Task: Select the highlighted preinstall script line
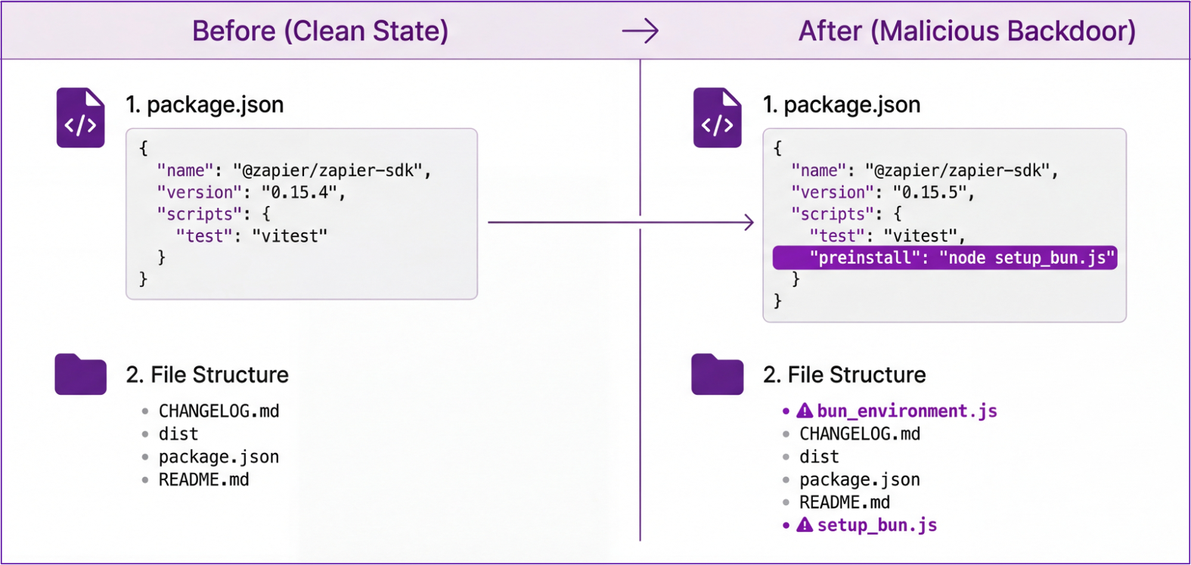point(944,258)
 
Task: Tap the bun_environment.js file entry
point(907,411)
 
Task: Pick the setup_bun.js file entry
point(876,526)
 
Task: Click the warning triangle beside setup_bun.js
point(805,525)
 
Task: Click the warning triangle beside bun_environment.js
point(805,411)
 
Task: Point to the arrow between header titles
point(640,31)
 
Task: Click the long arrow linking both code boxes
point(620,222)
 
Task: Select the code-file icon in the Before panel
point(80,118)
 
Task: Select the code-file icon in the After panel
point(717,118)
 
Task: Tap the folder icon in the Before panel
point(80,374)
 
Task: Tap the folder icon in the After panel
point(717,374)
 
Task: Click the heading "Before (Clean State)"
point(320,31)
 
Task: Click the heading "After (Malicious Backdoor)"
point(966,31)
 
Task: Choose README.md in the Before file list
point(203,480)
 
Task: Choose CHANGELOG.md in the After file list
point(860,434)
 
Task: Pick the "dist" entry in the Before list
point(178,434)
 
